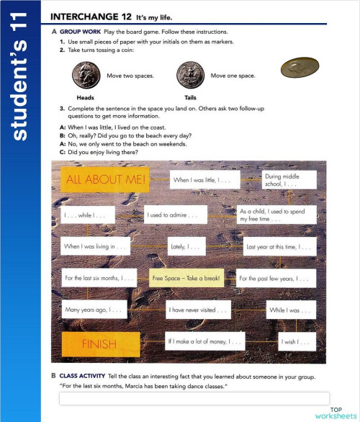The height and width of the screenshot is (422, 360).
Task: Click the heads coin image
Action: [x=86, y=75]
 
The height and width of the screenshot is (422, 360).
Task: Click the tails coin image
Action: [x=190, y=75]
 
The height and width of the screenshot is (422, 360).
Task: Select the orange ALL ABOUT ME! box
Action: [x=104, y=179]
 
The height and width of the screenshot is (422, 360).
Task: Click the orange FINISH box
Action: [x=99, y=344]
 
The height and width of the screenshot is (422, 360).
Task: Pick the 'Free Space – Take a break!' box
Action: [x=187, y=278]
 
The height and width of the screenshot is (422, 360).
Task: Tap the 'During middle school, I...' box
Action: [x=289, y=180]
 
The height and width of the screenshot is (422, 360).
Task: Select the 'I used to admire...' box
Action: [x=175, y=214]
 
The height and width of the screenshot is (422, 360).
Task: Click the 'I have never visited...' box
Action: [x=197, y=310]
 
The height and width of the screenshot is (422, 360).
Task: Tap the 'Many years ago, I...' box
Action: [x=95, y=310]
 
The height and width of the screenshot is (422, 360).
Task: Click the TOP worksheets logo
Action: [x=336, y=413]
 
